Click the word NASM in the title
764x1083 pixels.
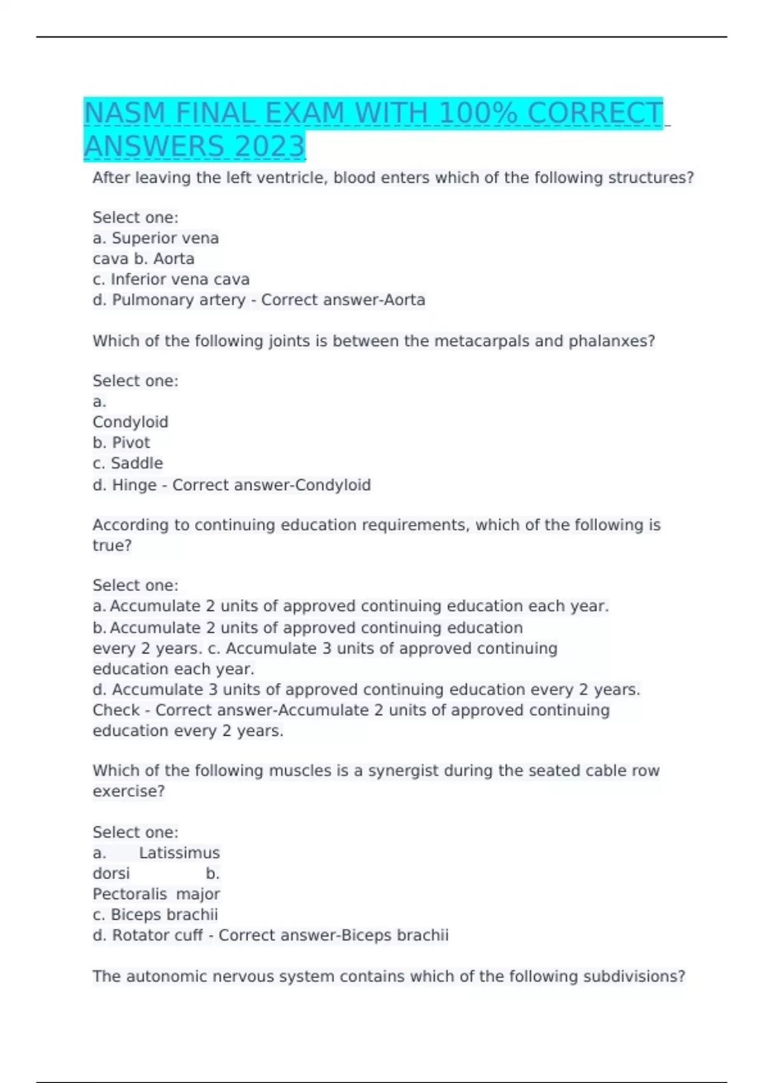125,113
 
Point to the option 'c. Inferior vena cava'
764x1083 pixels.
171,280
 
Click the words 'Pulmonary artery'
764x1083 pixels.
178,300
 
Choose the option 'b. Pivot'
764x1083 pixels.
121,443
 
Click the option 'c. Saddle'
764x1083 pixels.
127,463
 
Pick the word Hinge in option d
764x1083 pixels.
134,485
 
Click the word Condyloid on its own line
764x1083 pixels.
131,422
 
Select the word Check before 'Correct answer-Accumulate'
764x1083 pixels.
116,710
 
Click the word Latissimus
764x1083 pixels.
180,853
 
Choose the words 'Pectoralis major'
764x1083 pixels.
156,894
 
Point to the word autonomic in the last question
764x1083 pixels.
167,977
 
